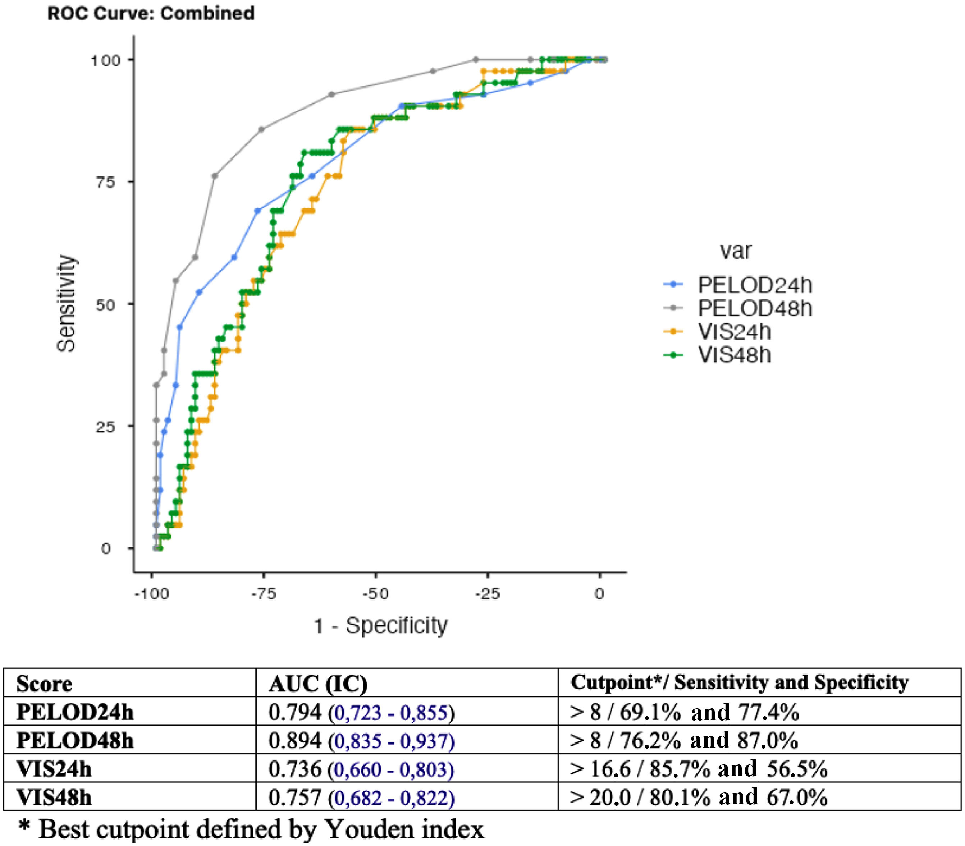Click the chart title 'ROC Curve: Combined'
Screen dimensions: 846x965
point(151,13)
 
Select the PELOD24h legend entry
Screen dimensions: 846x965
point(754,285)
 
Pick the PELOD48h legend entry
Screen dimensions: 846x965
point(754,308)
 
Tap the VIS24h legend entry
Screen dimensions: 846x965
point(734,332)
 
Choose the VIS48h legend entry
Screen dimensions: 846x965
point(734,355)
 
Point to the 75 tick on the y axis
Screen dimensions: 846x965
point(105,182)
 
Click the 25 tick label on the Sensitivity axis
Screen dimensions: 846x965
point(105,427)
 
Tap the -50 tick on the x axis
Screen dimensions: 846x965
point(375,594)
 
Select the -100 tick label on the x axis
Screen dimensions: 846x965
point(152,594)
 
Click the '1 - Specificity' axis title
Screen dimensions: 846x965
point(380,626)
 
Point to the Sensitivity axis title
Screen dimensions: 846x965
point(66,303)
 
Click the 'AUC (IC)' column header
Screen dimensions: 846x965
point(318,684)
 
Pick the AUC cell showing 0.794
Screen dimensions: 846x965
point(361,712)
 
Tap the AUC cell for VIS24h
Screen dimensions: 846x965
point(361,769)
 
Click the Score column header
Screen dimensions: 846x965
point(44,684)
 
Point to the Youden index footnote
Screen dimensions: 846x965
point(251,829)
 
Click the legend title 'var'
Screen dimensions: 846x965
point(735,251)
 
